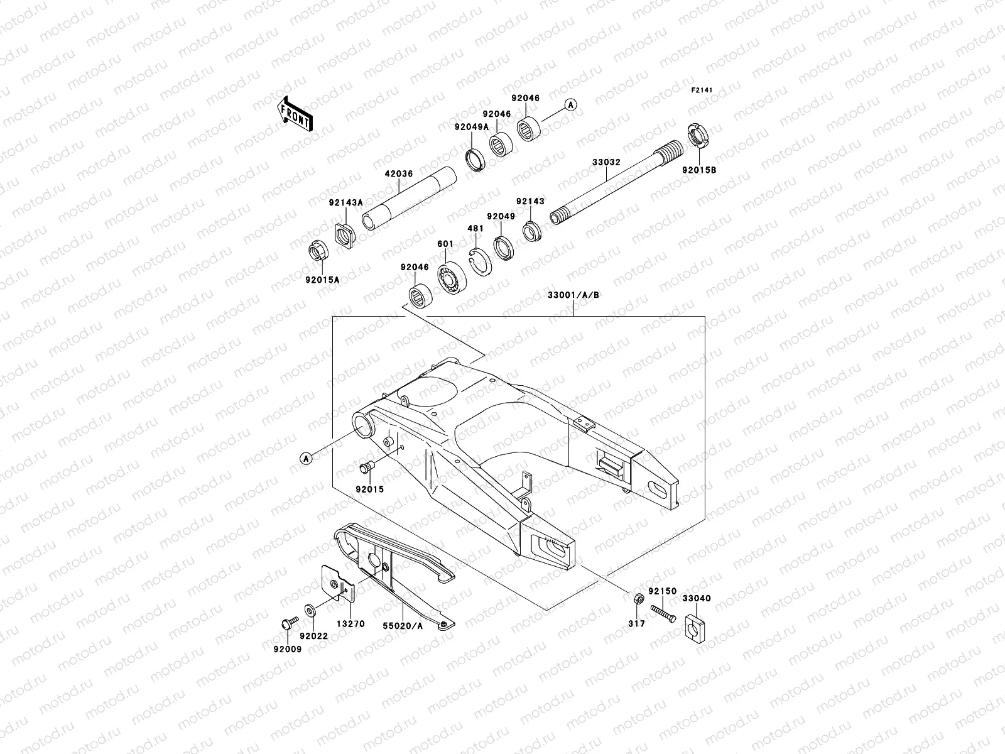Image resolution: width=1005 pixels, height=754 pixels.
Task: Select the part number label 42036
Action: [399, 173]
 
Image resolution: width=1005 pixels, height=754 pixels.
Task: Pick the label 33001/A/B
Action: [573, 295]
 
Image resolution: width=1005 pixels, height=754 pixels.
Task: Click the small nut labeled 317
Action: [636, 597]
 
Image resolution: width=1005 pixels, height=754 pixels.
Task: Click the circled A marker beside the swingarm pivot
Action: [307, 459]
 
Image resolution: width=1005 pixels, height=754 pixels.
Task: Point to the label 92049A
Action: [472, 127]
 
